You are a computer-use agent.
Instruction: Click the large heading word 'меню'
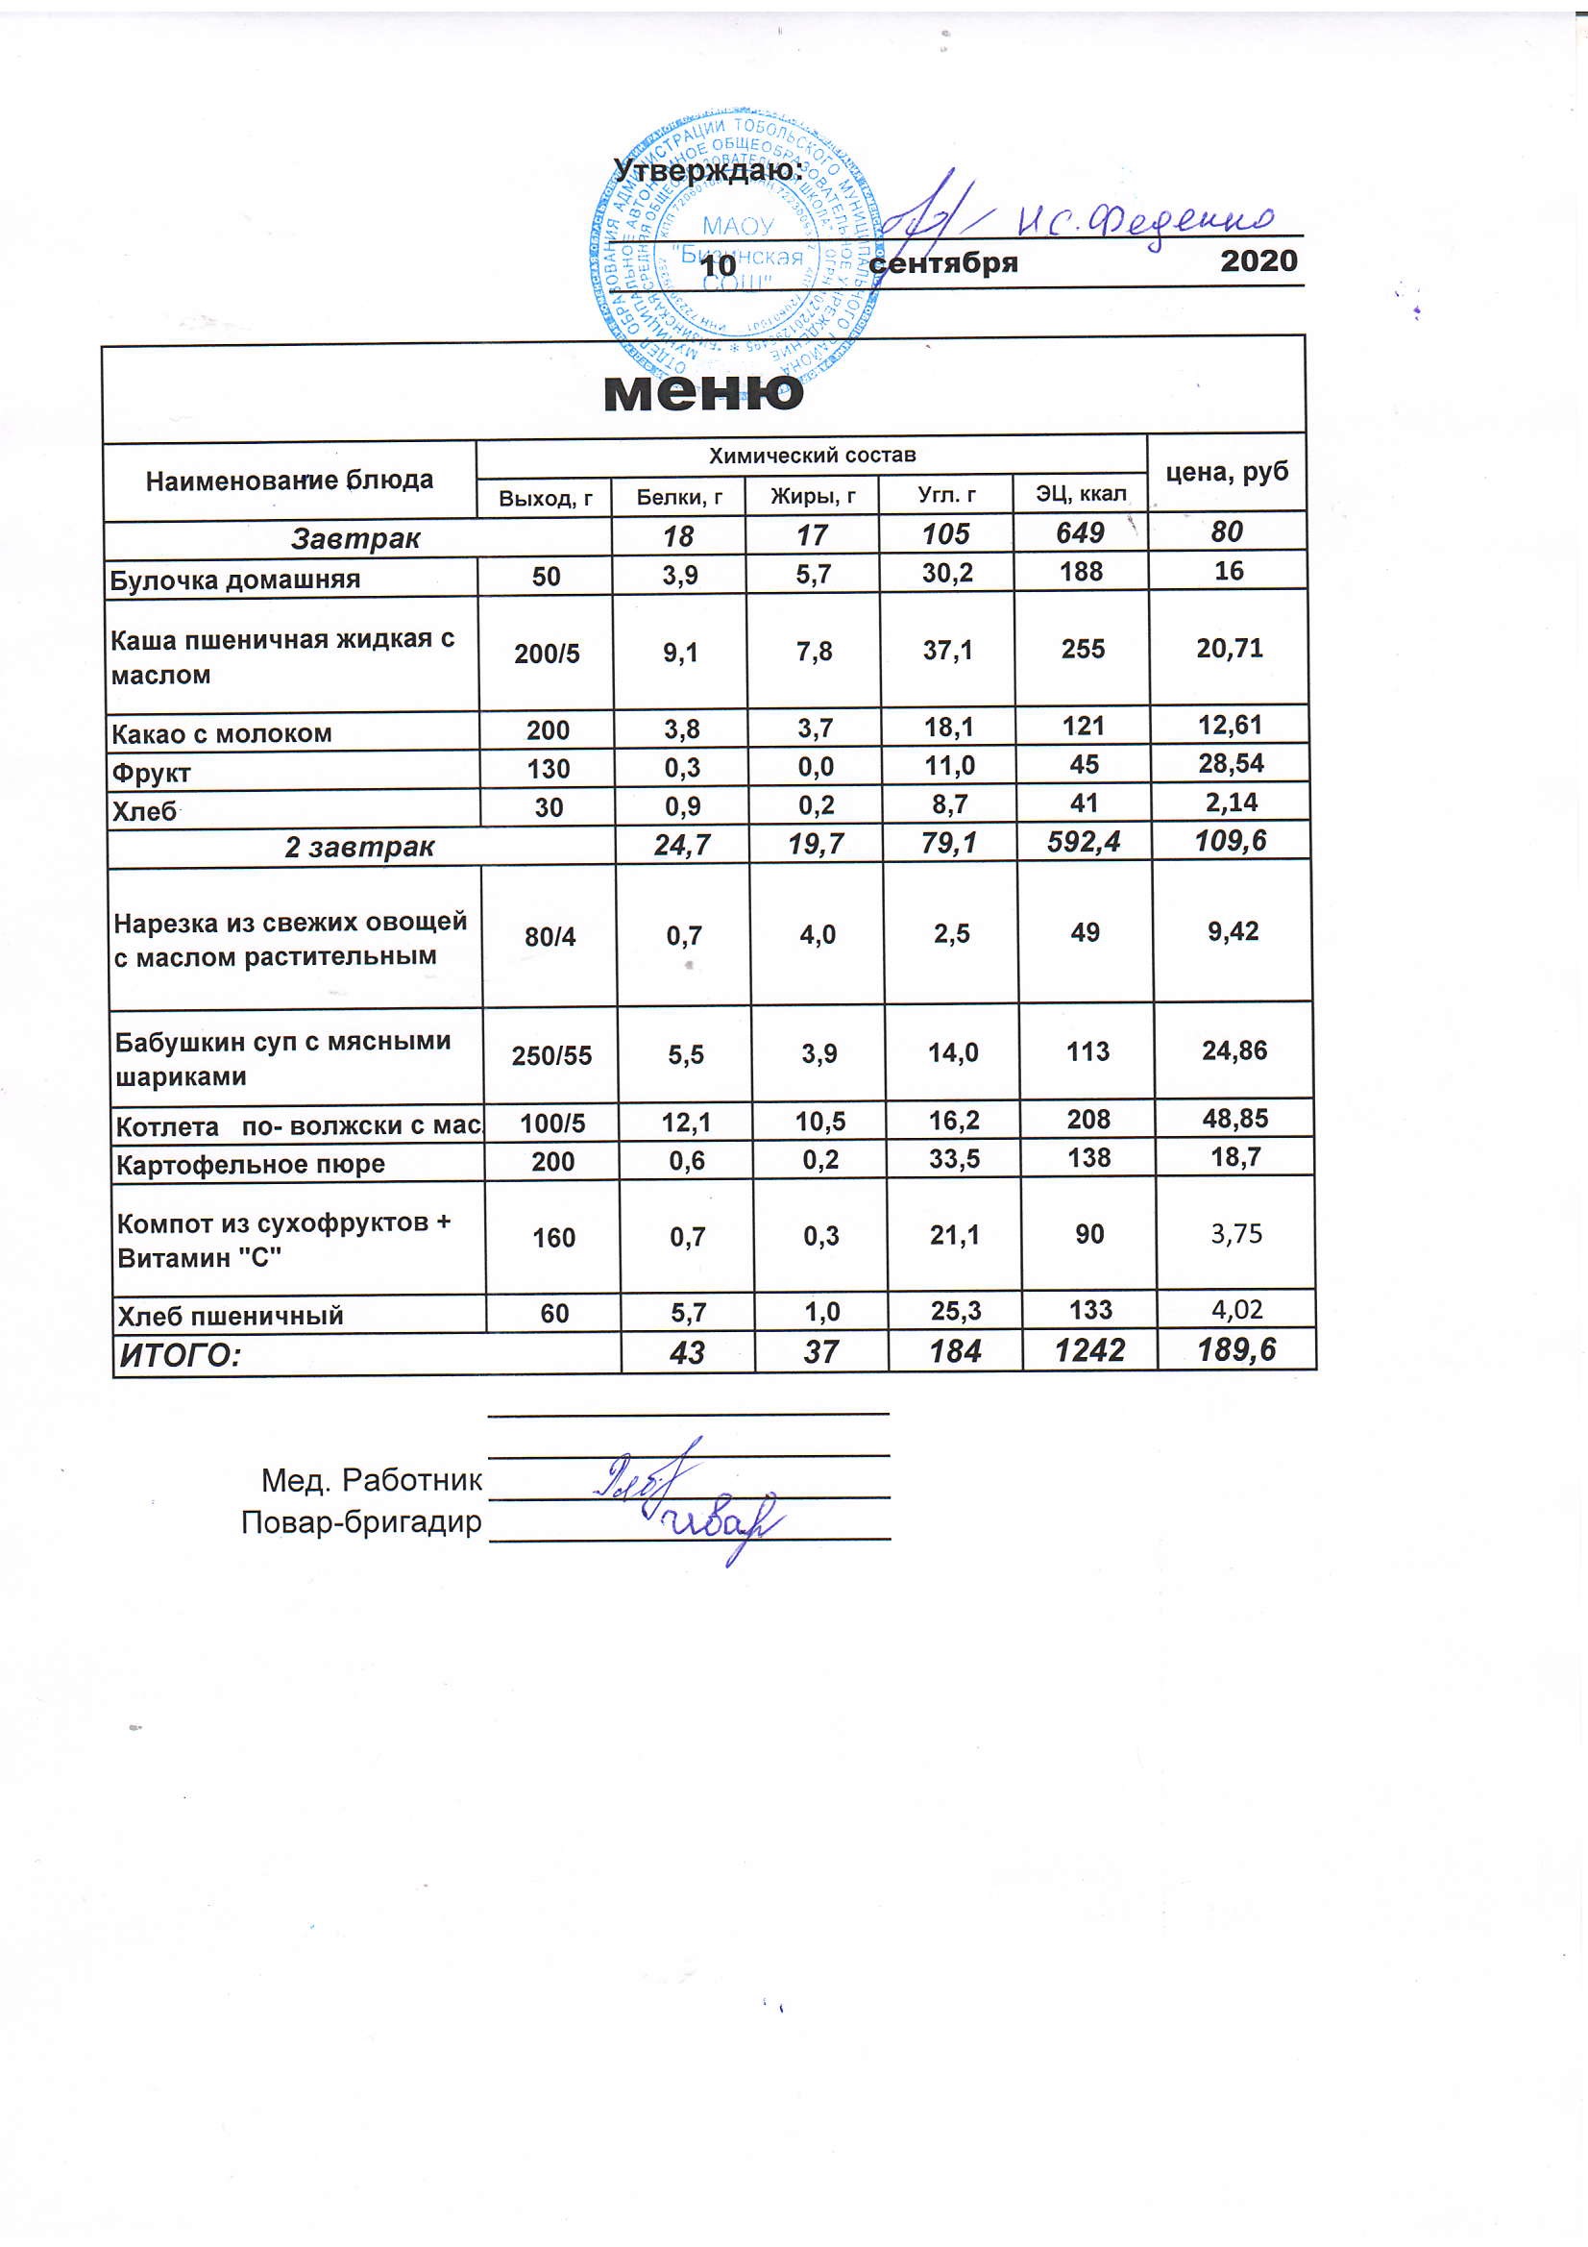click(703, 391)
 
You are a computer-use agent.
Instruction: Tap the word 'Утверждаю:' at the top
click(707, 170)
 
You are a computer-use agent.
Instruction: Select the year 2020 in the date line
click(1258, 261)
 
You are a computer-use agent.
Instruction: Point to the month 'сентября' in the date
click(943, 263)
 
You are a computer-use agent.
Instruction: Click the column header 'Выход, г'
click(545, 498)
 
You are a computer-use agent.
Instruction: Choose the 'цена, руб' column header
click(1226, 472)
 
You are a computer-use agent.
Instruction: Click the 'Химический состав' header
click(811, 456)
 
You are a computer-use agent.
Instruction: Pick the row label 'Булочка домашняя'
click(234, 580)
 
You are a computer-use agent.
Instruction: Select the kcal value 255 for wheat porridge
click(1082, 650)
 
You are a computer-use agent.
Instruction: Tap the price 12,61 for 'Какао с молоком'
click(1229, 726)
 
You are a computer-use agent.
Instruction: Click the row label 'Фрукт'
click(151, 773)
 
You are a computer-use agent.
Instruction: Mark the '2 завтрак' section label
click(359, 847)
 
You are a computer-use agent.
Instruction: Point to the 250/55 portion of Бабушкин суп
click(550, 1055)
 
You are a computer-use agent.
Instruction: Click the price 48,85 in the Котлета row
click(1234, 1119)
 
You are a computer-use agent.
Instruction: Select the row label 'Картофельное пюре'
click(251, 1164)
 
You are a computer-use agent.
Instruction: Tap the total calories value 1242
click(1089, 1350)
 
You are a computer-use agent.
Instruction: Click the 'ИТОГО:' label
click(180, 1355)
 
